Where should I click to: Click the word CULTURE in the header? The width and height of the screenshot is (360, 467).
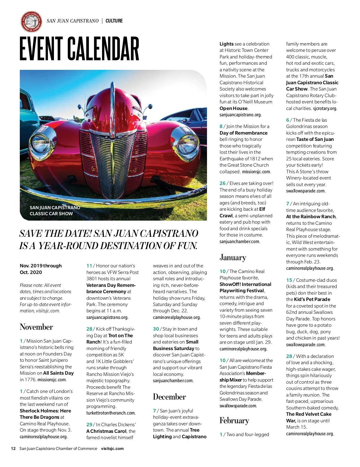pos(114,21)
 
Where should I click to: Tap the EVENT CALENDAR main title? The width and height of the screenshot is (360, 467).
pos(79,49)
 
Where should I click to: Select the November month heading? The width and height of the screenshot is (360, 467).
pos(36,327)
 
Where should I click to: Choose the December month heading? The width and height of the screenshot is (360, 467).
pos(169,397)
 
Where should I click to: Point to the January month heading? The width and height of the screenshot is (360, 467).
pos(233,257)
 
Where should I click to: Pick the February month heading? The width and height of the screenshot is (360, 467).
pos(234,420)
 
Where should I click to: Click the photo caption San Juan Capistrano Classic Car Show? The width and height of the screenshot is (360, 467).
pos(55,210)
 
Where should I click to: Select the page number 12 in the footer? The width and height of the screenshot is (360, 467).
pos(13,449)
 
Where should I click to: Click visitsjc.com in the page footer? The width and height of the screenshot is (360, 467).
pos(112,449)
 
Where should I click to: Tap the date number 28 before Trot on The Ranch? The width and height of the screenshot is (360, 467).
pos(89,329)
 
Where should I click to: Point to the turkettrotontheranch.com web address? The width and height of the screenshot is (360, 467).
pos(111,413)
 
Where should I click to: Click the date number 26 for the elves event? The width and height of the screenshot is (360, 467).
pos(222,183)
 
